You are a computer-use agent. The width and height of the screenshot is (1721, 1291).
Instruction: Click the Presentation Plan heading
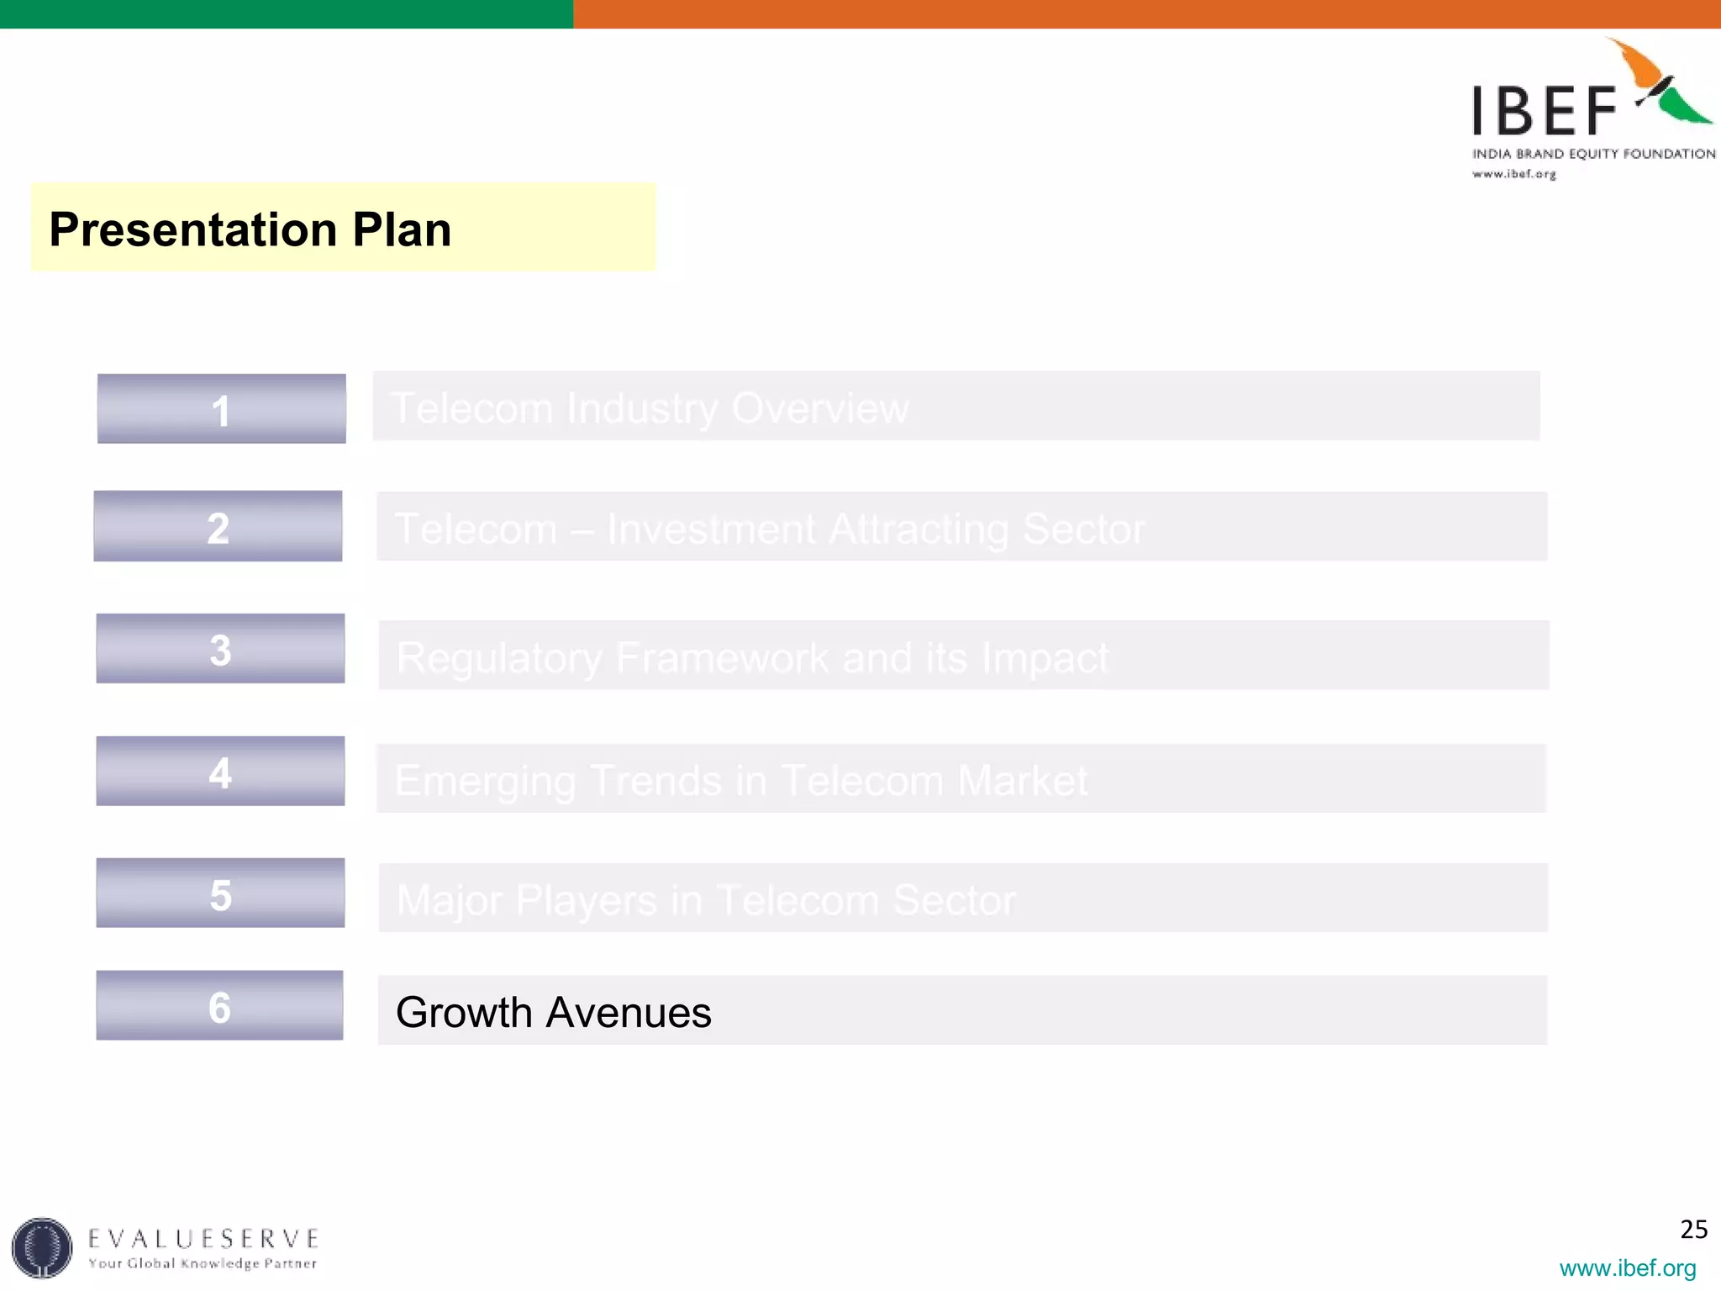(250, 229)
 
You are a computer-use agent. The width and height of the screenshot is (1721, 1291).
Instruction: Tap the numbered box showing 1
(221, 408)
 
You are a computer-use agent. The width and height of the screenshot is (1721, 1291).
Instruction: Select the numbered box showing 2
(218, 526)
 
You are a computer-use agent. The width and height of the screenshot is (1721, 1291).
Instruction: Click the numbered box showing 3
(220, 648)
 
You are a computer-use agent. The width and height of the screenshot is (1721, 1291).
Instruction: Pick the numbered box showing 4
(220, 771)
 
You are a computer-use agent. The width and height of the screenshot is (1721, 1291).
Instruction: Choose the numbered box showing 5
(220, 893)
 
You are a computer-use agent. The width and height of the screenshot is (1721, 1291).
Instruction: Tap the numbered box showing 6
(219, 1005)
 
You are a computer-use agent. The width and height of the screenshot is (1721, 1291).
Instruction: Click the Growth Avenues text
(553, 1012)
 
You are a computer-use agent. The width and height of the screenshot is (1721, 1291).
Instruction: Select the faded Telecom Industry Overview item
(650, 408)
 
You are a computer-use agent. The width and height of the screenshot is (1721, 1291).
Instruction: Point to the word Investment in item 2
(711, 529)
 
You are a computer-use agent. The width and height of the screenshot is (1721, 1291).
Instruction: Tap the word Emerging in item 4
(485, 780)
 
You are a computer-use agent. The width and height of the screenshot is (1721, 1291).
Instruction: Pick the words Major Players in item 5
(526, 900)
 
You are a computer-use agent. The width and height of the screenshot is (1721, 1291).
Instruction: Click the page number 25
(1693, 1230)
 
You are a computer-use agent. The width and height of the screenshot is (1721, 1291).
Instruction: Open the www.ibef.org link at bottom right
(1627, 1267)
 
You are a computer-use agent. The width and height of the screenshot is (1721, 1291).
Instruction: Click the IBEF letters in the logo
(1543, 111)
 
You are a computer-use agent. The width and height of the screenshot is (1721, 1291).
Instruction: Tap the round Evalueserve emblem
(42, 1247)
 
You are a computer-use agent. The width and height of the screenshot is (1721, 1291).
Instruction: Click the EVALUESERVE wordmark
(203, 1239)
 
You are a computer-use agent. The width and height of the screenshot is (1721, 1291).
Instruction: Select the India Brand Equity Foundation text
(1593, 154)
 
